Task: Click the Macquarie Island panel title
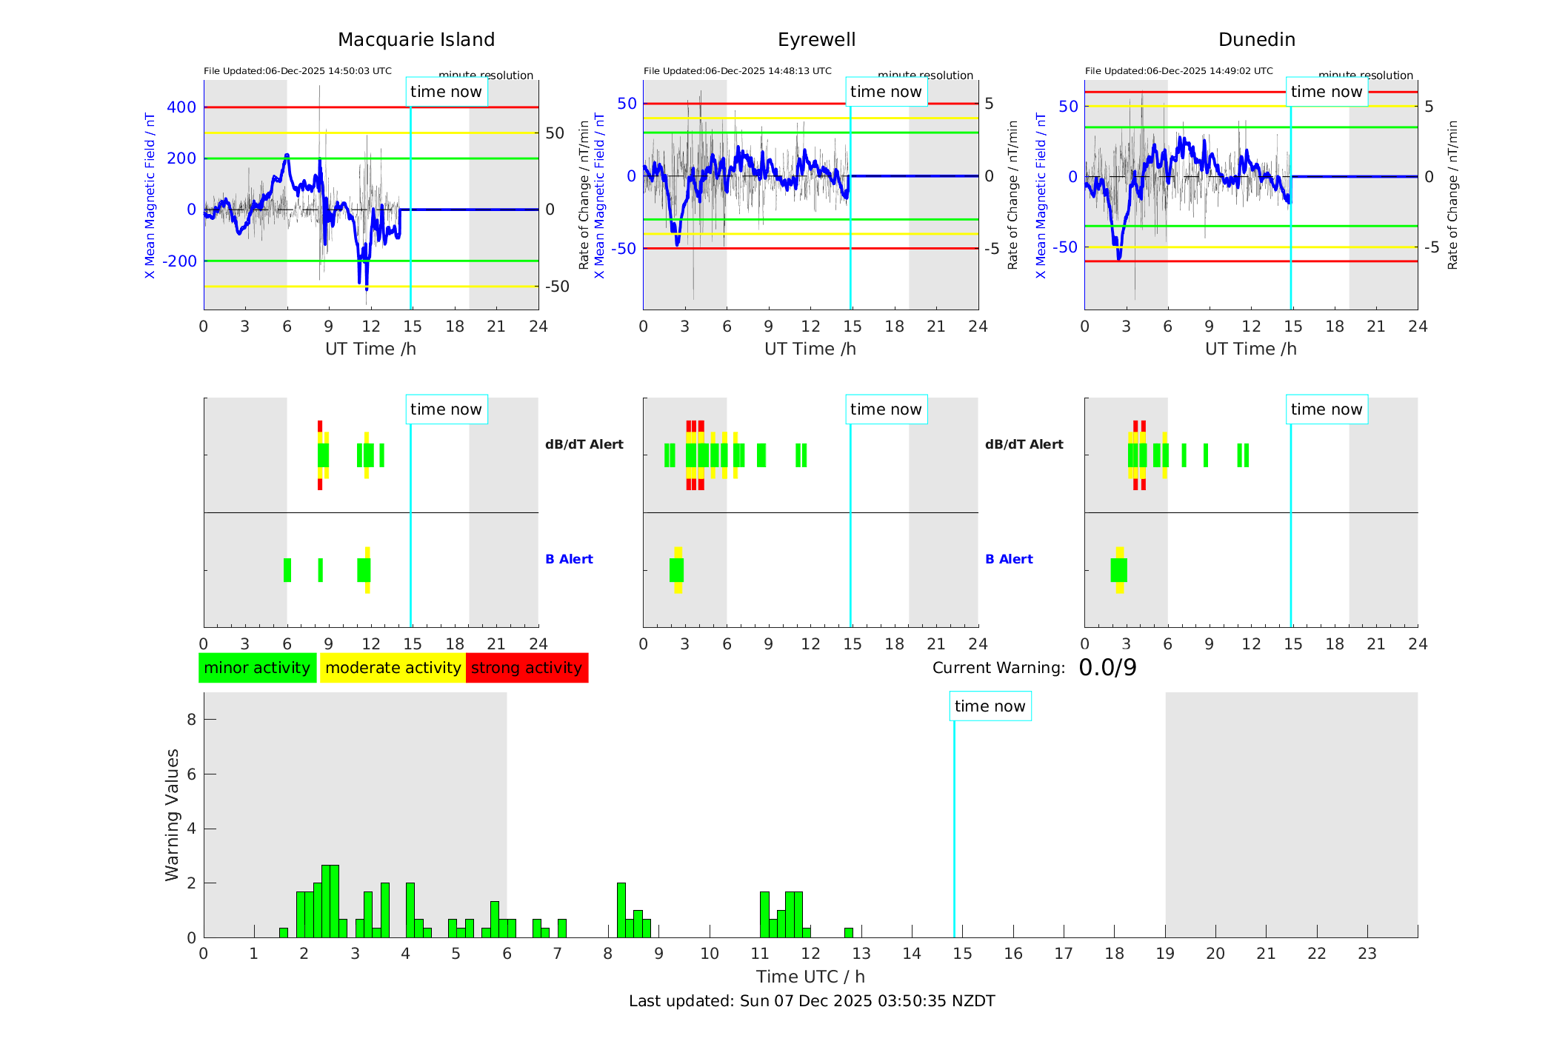pyautogui.click(x=416, y=40)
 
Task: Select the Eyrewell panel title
pyautogui.click(x=816, y=40)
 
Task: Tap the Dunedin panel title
pyautogui.click(x=1256, y=40)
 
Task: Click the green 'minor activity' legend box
pyautogui.click(x=257, y=668)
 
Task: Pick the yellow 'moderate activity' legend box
pyautogui.click(x=393, y=668)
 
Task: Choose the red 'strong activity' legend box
pyautogui.click(x=527, y=668)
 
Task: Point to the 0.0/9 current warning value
pyautogui.click(x=1107, y=668)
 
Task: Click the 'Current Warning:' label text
pyautogui.click(x=998, y=668)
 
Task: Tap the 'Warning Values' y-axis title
pyautogui.click(x=173, y=814)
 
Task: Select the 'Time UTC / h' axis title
pyautogui.click(x=810, y=977)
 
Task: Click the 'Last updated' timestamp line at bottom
pyautogui.click(x=812, y=1001)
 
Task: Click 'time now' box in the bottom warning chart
pyautogui.click(x=990, y=706)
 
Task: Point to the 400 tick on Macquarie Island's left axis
pyautogui.click(x=181, y=107)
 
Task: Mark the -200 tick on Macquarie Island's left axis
pyautogui.click(x=179, y=261)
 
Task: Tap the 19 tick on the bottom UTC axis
pyautogui.click(x=1165, y=954)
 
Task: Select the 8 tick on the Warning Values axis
pyautogui.click(x=191, y=719)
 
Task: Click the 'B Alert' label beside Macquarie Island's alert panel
pyautogui.click(x=569, y=559)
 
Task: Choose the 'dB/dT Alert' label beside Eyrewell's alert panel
pyautogui.click(x=1024, y=444)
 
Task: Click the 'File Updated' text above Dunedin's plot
pyautogui.click(x=1178, y=71)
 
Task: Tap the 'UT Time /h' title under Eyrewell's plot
pyautogui.click(x=810, y=349)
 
